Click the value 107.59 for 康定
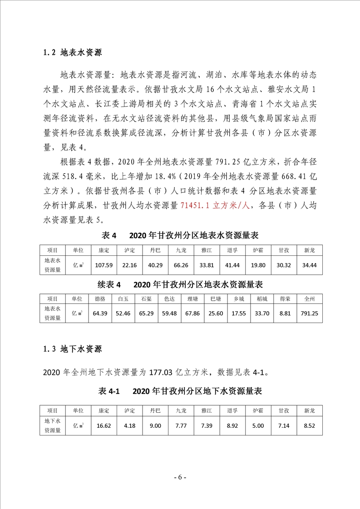pos(104,265)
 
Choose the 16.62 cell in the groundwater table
pos(104,426)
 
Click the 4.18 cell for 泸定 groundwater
pos(129,426)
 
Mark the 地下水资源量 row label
pos(52,426)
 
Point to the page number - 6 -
pos(180,477)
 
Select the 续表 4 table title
pos(109,284)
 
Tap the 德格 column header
pos(99,299)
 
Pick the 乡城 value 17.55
pos(239,313)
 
